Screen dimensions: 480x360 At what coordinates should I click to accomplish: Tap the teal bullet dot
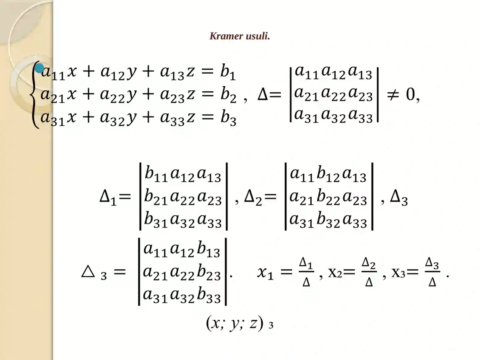click(x=39, y=68)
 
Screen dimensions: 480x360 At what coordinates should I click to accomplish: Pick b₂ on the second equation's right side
click(x=228, y=95)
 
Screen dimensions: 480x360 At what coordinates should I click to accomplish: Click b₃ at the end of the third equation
click(x=228, y=118)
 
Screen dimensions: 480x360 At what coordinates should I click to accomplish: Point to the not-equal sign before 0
click(x=393, y=95)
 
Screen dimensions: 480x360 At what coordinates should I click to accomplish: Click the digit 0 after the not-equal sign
click(x=410, y=95)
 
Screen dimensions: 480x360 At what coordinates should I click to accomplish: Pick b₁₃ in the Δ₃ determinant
click(x=208, y=250)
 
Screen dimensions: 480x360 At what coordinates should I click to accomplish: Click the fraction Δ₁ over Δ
click(x=306, y=272)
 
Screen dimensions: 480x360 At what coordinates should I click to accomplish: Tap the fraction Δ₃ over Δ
click(x=432, y=272)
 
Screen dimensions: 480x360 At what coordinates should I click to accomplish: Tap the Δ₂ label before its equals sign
click(x=253, y=197)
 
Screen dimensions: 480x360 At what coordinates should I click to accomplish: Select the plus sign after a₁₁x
click(x=88, y=72)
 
